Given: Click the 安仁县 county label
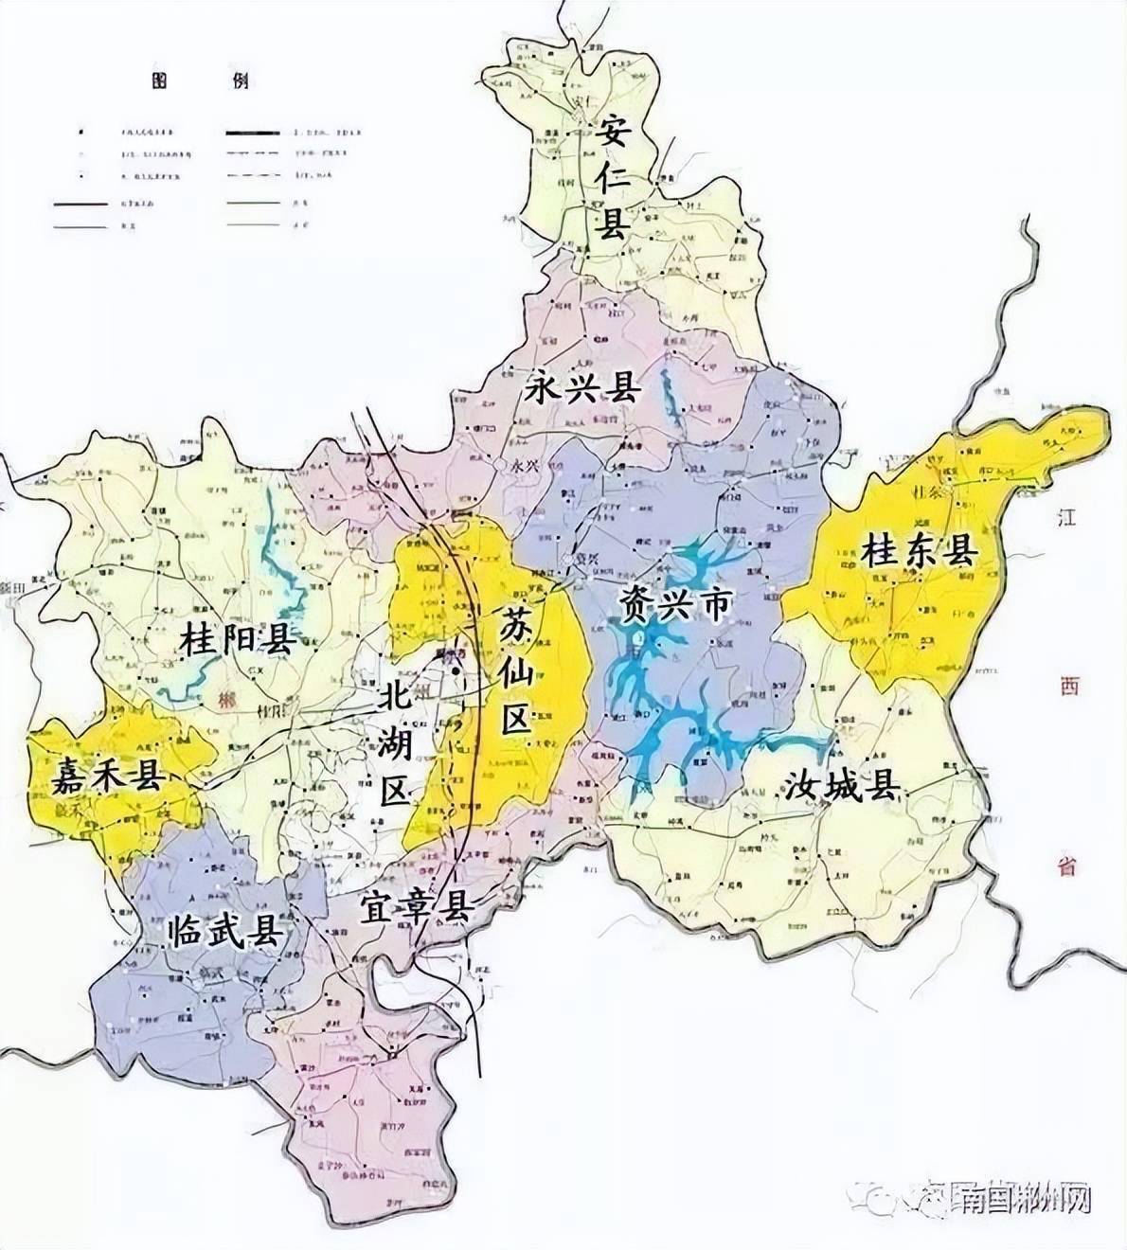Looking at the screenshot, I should (611, 179).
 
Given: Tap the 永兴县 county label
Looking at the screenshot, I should (581, 389).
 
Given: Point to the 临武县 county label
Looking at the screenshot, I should (224, 931).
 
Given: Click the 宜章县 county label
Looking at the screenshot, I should (416, 909).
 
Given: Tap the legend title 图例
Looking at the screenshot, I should (200, 80).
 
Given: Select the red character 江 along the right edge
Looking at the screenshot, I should (1068, 516).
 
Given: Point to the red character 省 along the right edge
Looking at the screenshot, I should (1068, 865).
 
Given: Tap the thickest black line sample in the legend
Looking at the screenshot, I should (253, 127).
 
